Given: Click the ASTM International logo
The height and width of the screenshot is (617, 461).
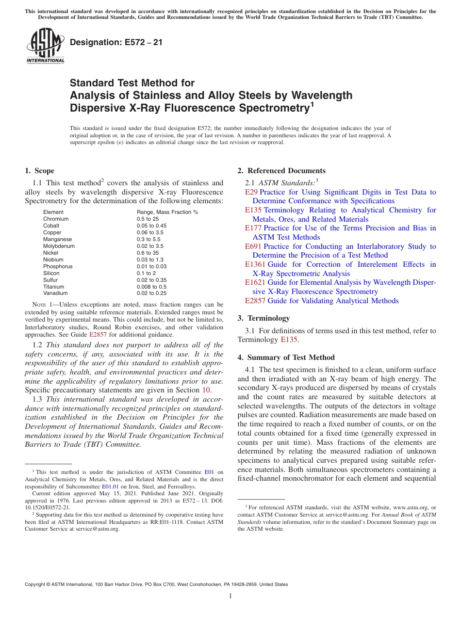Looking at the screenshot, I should click(x=45, y=47).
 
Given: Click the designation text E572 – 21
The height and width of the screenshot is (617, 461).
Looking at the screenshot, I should click(x=116, y=42).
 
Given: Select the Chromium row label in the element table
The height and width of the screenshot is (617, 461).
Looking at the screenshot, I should click(x=56, y=219).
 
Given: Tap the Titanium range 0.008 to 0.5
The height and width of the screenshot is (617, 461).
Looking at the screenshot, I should click(x=151, y=287).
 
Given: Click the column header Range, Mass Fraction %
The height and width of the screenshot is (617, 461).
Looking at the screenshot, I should click(x=167, y=212).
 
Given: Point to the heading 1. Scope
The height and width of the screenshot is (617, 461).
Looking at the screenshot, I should click(x=39, y=171).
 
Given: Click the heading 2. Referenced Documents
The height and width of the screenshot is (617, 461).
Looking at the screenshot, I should click(x=281, y=171).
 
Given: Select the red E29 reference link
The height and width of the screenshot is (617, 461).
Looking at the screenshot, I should click(x=251, y=192).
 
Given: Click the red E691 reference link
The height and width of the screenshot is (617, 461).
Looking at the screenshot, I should click(x=253, y=246).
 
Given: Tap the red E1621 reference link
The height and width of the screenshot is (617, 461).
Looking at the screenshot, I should click(x=255, y=282).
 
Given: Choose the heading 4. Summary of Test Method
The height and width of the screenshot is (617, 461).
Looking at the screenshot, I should click(x=286, y=357).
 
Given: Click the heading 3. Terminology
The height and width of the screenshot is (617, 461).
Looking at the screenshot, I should click(x=263, y=318).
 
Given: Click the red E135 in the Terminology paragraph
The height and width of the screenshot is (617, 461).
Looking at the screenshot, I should click(x=288, y=340).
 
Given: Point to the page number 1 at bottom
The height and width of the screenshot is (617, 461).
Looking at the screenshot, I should click(x=230, y=596).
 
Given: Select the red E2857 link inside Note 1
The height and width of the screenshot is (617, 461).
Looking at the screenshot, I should click(x=98, y=335).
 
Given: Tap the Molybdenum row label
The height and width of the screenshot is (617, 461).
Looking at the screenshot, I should click(x=59, y=246).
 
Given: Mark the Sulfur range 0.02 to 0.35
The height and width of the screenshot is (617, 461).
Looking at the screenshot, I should click(x=151, y=280).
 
